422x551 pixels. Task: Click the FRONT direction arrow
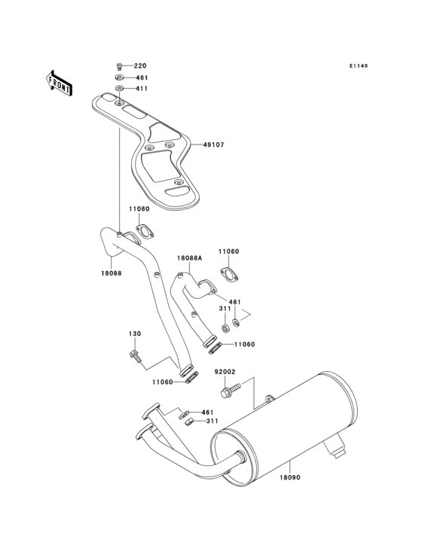pos(60,81)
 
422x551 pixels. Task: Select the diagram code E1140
pos(358,66)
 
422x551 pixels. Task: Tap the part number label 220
pos(140,66)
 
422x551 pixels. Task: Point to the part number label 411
pos(141,89)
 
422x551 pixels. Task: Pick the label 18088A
pos(190,257)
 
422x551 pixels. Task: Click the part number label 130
pos(134,333)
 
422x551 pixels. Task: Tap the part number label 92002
pos(226,371)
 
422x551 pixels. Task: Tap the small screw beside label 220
pos(119,66)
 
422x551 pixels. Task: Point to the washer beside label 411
pos(120,89)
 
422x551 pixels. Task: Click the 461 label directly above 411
pos(141,78)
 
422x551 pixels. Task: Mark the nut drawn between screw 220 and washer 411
pos(119,78)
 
